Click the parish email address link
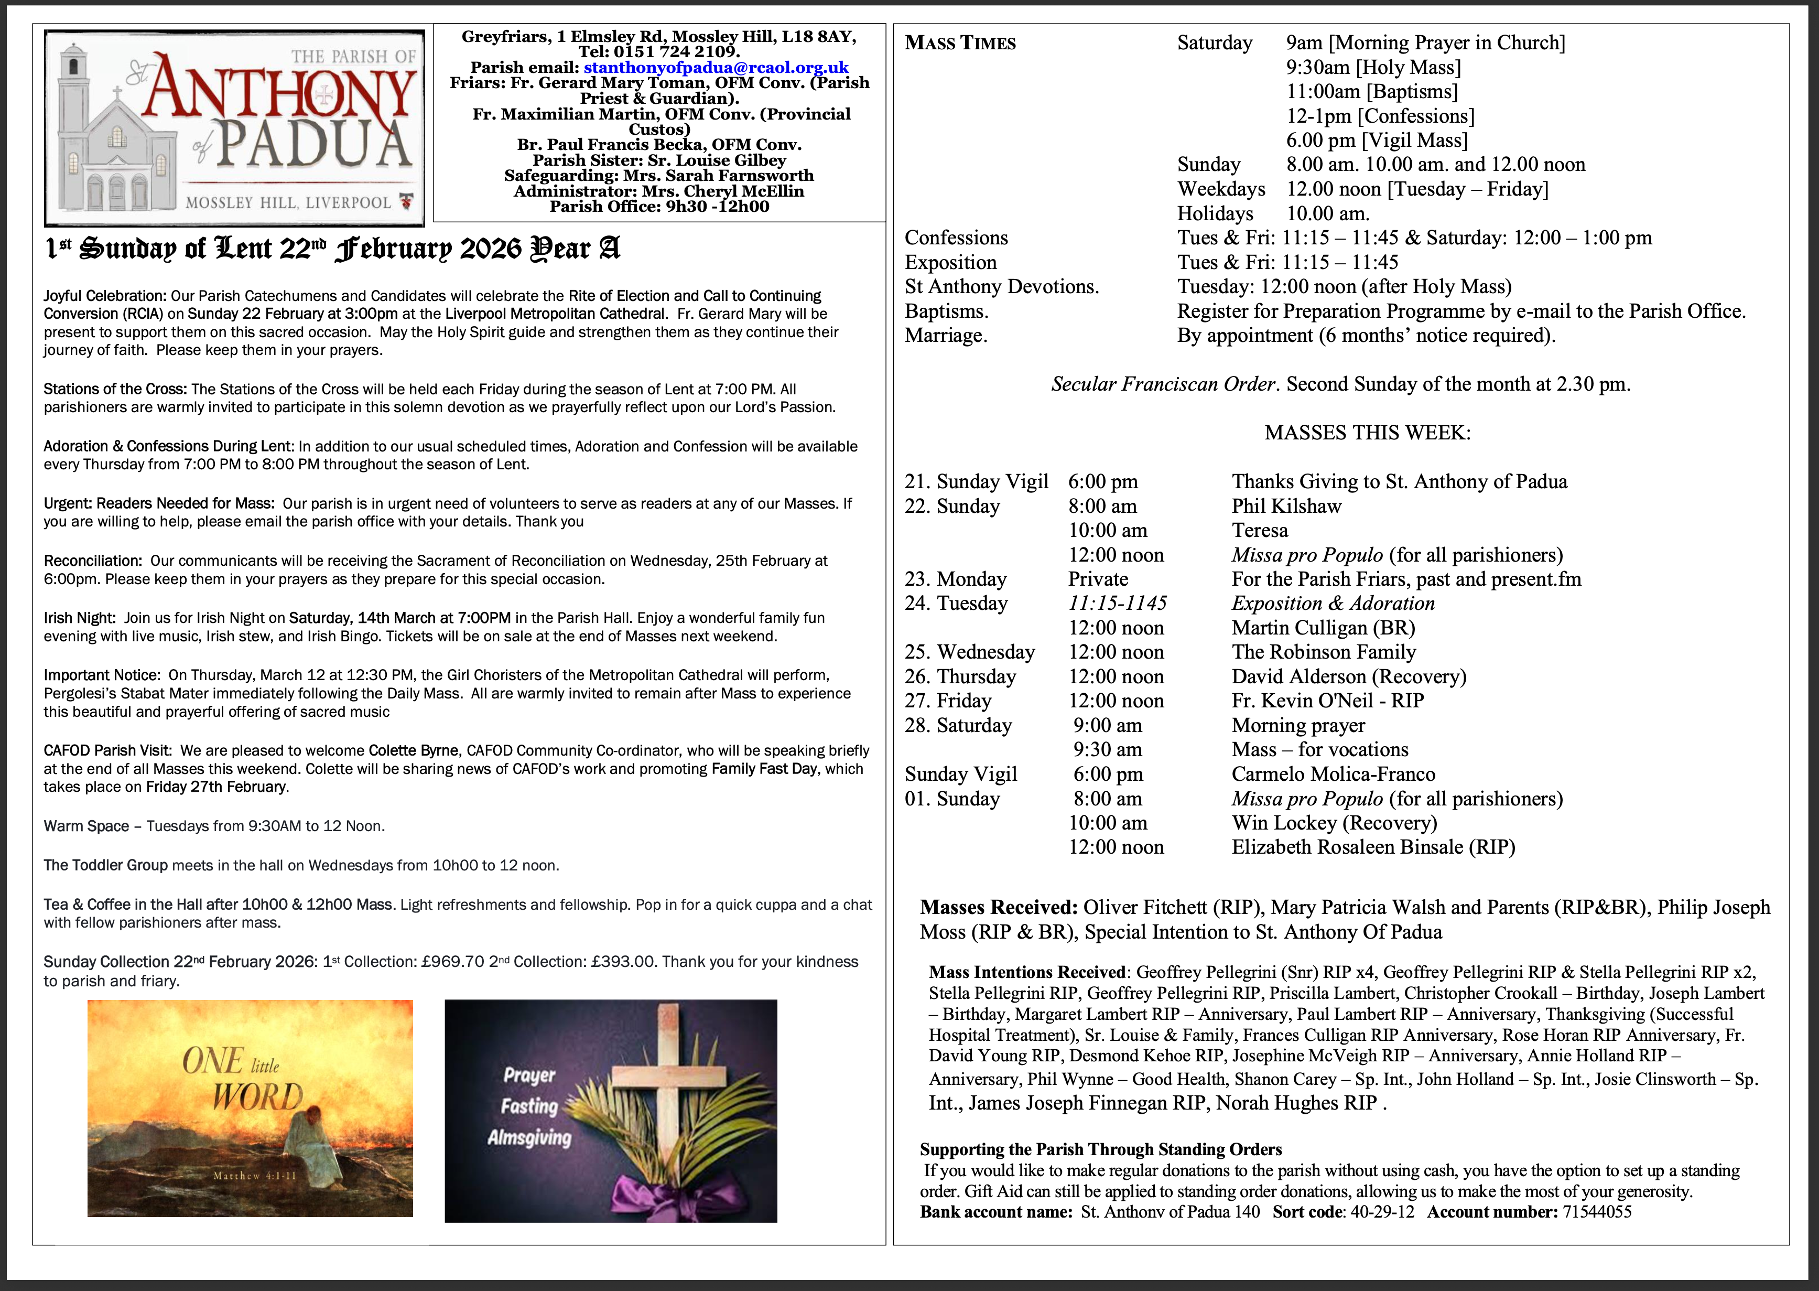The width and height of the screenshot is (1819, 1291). coord(715,68)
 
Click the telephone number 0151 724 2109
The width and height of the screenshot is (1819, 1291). coord(676,52)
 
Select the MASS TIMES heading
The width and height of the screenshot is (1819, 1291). coord(960,43)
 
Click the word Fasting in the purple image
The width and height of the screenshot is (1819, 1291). coord(529,1106)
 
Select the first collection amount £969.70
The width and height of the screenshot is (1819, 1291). coord(453,962)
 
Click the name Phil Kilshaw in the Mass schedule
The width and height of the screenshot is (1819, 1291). coord(1286,507)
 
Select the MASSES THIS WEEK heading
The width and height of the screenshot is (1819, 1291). coord(1367,433)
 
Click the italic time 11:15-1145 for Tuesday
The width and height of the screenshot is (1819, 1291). coord(1117,604)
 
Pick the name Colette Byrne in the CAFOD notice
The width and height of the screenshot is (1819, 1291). coord(413,750)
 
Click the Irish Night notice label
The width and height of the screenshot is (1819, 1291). coord(80,618)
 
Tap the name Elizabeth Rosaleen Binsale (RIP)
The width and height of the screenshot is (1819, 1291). coord(1372,847)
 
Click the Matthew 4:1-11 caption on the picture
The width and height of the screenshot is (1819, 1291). coord(254,1176)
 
